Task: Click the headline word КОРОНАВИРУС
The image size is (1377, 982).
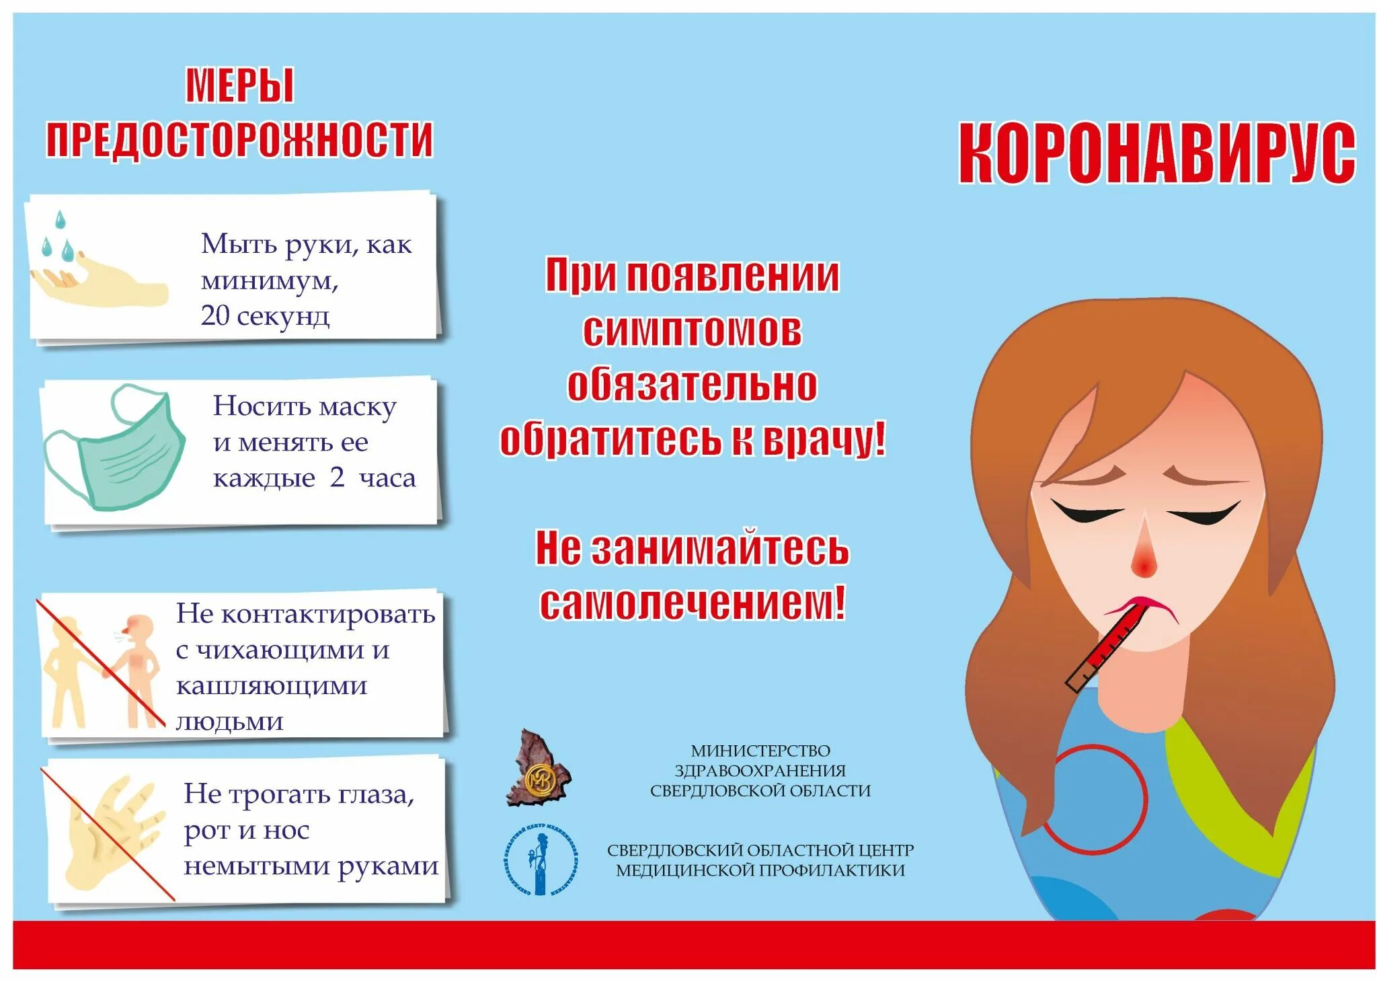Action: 1156,153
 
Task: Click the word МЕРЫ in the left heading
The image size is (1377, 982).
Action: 240,85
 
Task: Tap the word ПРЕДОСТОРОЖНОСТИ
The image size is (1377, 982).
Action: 240,139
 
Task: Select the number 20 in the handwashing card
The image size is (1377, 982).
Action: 214,315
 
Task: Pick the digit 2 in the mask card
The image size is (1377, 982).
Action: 337,477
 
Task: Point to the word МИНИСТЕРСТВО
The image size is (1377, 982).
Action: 760,751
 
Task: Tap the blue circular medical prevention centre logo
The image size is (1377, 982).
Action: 541,859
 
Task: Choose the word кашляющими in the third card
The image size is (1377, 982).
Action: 272,686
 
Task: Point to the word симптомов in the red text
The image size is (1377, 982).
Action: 692,330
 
